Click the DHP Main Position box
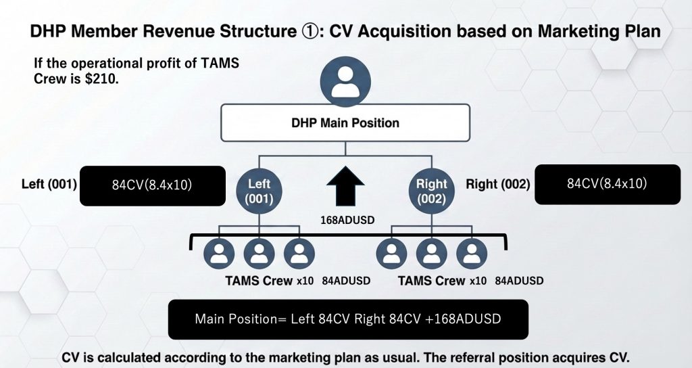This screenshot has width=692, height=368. pos(345,123)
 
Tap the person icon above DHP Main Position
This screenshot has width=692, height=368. pos(346,80)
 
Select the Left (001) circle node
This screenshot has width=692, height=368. pos(259,191)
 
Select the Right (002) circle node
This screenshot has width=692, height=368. pos(431,191)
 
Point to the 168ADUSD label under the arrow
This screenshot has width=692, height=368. pos(345,219)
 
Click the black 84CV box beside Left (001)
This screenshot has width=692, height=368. pos(153,185)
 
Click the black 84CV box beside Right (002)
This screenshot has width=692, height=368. pos(608,184)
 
